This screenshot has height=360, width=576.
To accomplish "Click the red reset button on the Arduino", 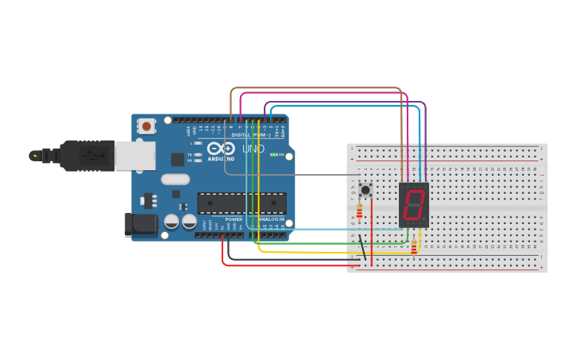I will pyautogui.click(x=147, y=125).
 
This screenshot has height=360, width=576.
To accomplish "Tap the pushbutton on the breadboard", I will pyautogui.click(x=365, y=189).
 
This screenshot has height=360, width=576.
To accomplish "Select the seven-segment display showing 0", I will pyautogui.click(x=413, y=205).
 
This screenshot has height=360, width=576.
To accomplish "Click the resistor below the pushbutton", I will pyautogui.click(x=360, y=211).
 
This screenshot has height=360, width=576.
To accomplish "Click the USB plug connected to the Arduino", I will pyautogui.click(x=95, y=156).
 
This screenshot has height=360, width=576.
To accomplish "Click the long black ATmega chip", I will pyautogui.click(x=242, y=203).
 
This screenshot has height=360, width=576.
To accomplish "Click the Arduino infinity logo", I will pyautogui.click(x=219, y=149).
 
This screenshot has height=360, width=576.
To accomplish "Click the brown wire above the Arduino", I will pyautogui.click(x=318, y=88).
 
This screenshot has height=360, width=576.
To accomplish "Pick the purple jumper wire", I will pyautogui.click(x=350, y=102).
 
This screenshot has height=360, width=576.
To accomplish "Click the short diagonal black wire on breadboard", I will pyautogui.click(x=361, y=248).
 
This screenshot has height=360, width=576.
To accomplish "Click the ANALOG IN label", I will pyautogui.click(x=271, y=219).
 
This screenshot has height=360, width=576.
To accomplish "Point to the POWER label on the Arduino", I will pyautogui.click(x=234, y=219).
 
